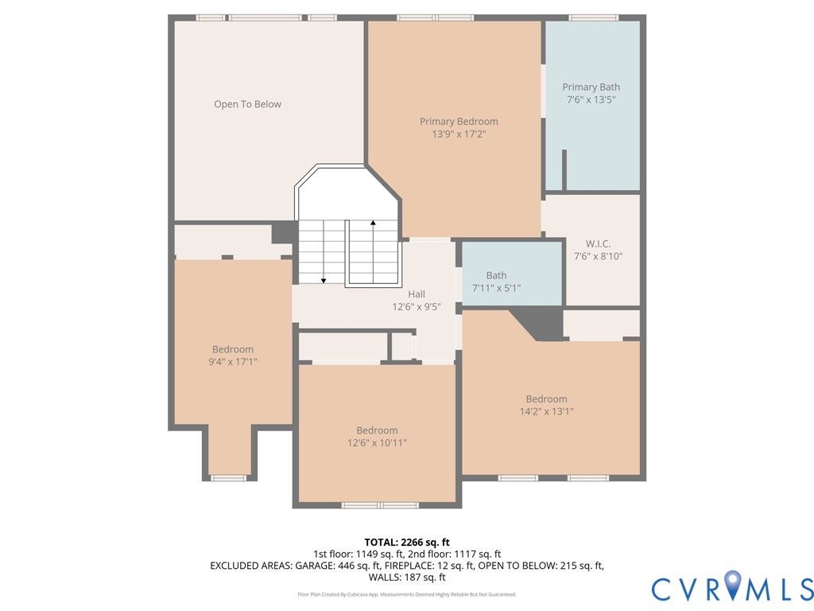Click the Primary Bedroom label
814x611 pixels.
(459, 122)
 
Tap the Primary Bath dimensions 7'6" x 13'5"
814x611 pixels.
(591, 99)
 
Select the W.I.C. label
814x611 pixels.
(598, 243)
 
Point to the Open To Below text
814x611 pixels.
(248, 104)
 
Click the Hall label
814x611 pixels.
(417, 294)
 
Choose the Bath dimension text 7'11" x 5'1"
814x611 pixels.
(496, 288)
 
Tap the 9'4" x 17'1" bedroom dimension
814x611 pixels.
(233, 362)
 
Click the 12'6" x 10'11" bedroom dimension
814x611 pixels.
(377, 442)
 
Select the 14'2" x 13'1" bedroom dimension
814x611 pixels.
(547, 411)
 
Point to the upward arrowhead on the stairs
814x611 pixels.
(373, 223)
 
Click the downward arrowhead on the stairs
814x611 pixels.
(324, 281)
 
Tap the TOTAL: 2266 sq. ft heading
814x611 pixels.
(407, 543)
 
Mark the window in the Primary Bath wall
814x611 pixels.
(593, 18)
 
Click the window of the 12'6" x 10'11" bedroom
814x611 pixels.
(380, 505)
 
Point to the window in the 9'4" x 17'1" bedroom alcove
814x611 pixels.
(227, 478)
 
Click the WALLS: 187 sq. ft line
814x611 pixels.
(407, 578)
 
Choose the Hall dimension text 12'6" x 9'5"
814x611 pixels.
(417, 307)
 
